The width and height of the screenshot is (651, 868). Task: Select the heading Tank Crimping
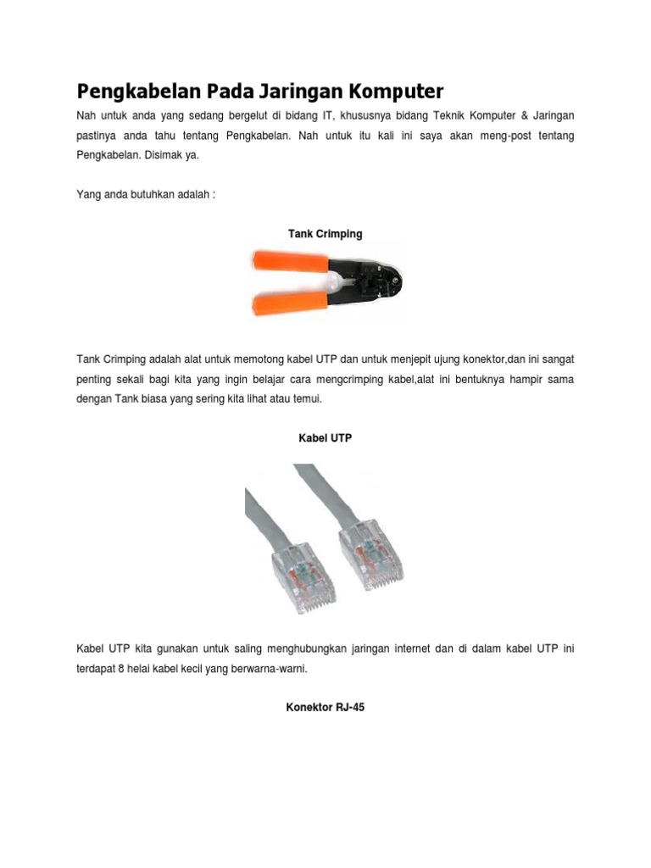pyautogui.click(x=325, y=233)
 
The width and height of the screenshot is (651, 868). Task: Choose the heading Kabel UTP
pyautogui.click(x=325, y=438)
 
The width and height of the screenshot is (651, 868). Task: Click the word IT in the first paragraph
pyautogui.click(x=330, y=114)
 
